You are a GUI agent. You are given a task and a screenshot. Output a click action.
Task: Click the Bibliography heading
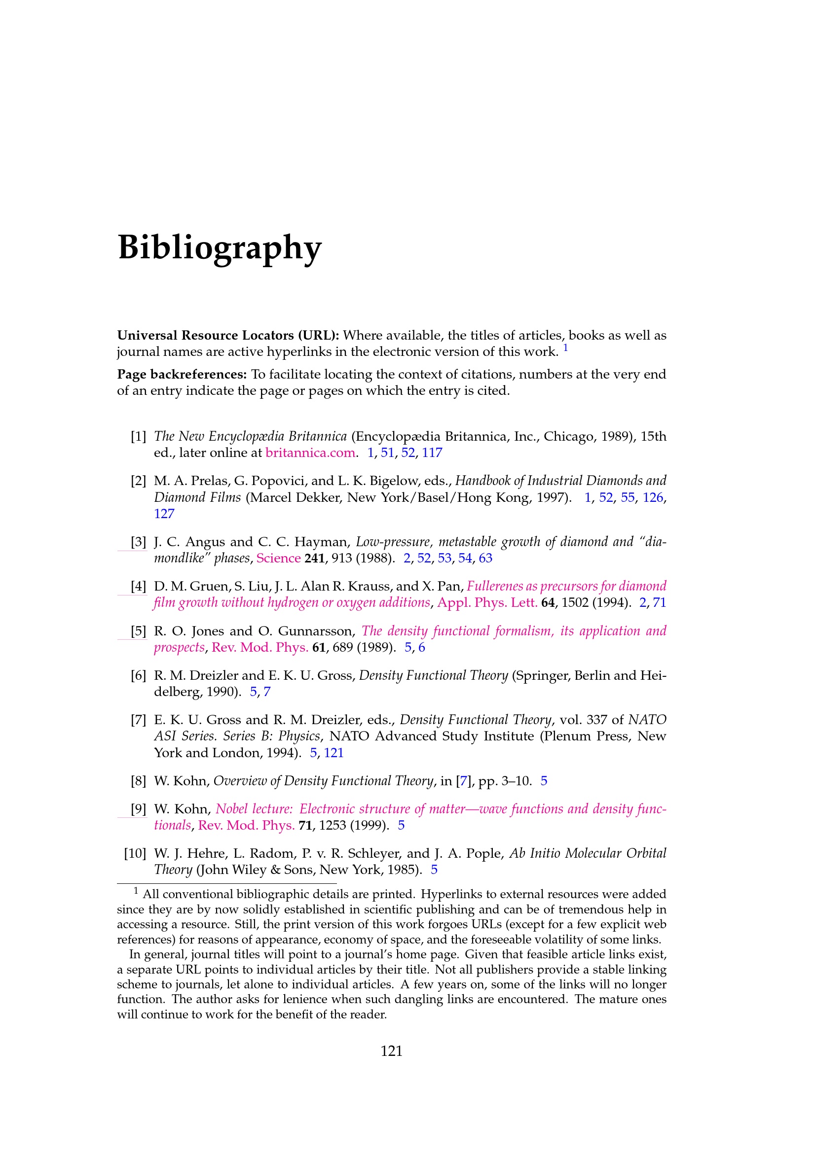220,247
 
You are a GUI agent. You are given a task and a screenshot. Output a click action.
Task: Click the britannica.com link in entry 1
310,453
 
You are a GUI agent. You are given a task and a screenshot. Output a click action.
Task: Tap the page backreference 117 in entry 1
432,453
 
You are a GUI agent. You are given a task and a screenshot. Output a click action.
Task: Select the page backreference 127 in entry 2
164,514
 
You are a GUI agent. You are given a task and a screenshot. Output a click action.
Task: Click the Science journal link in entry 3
278,559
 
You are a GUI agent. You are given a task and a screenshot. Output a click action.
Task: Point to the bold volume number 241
315,559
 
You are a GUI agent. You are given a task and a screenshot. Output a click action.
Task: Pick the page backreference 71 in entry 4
659,602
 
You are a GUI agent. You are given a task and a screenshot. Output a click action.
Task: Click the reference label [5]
138,631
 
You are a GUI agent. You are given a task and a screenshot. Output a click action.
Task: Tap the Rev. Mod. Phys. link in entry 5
260,647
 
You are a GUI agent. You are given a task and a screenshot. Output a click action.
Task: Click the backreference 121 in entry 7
334,753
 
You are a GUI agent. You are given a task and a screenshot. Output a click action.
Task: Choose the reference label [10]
135,854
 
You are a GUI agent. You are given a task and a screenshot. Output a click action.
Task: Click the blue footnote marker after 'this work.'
565,348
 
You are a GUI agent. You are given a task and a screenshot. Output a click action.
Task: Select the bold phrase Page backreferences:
182,375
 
